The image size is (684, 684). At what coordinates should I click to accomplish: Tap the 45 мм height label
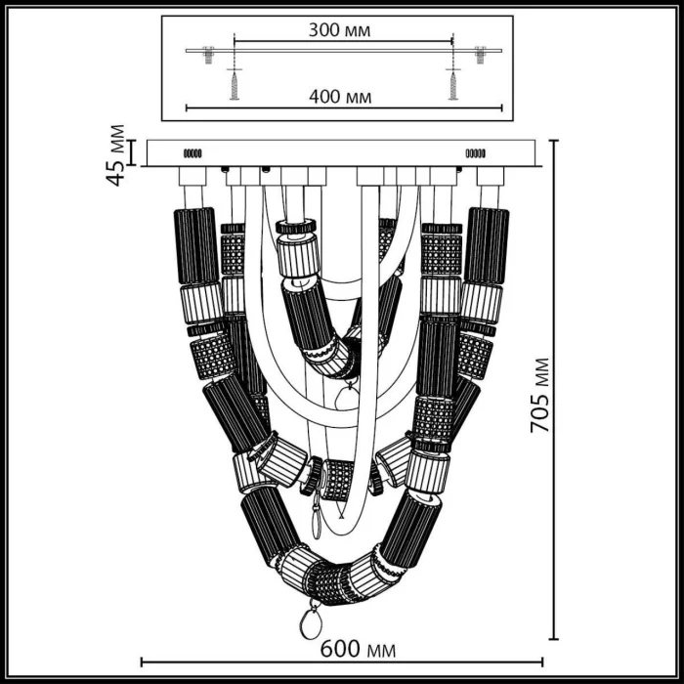click(117, 153)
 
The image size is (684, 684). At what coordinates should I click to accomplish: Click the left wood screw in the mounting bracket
click(234, 82)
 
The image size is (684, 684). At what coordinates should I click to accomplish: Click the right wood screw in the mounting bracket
click(452, 82)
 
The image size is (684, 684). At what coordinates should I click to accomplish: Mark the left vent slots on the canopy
click(192, 153)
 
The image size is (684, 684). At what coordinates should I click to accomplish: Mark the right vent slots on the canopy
click(476, 153)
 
